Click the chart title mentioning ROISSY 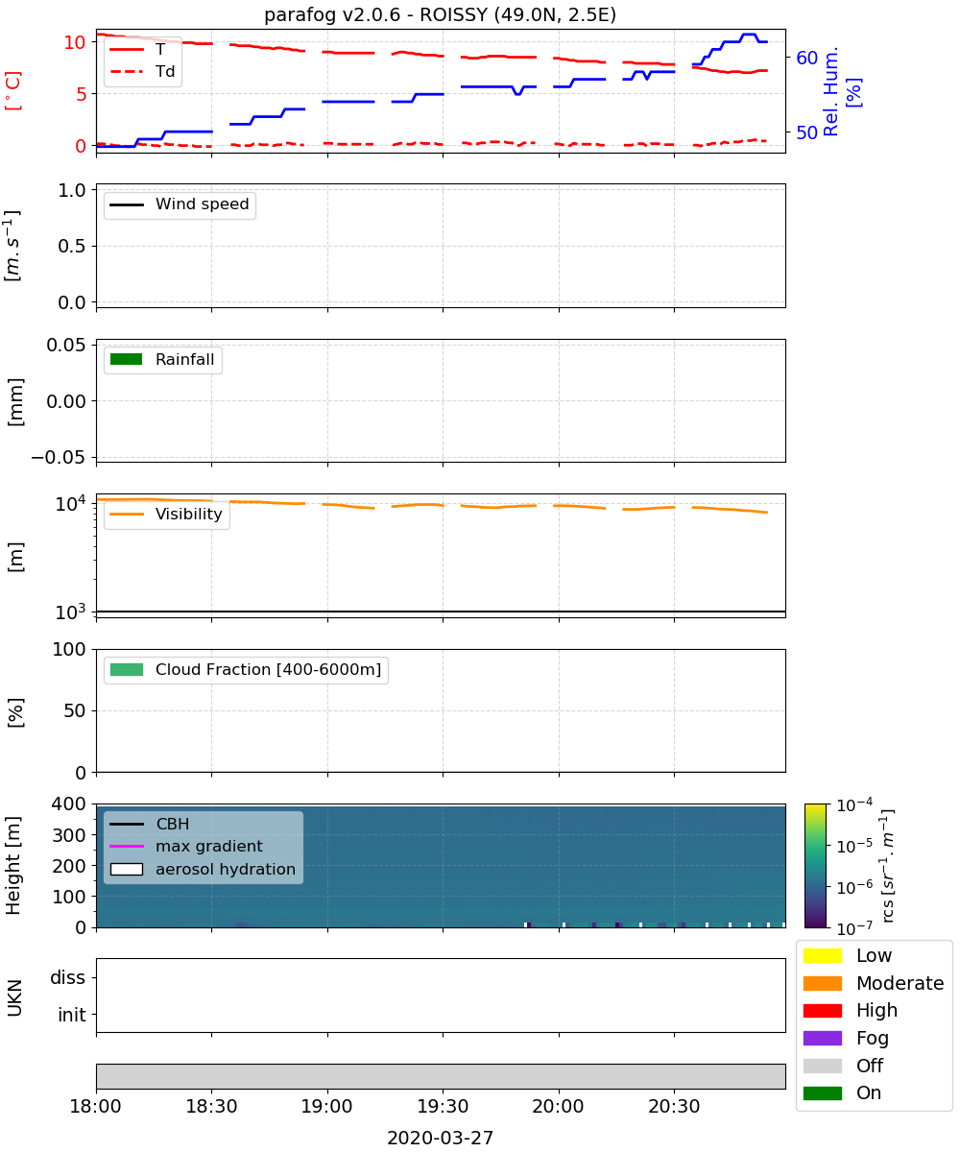[x=440, y=14]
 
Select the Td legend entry [x=142, y=71]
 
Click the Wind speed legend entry [x=180, y=204]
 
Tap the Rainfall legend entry [x=162, y=359]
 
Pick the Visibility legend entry [x=166, y=514]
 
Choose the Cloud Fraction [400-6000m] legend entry [x=246, y=669]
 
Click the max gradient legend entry [x=186, y=846]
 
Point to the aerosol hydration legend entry [x=203, y=869]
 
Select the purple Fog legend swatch [x=822, y=1038]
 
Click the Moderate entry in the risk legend [x=873, y=983]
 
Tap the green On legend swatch [x=822, y=1093]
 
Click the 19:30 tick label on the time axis [x=443, y=1106]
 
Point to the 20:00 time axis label [x=558, y=1106]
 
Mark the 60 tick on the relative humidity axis [x=806, y=58]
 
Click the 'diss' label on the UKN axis [x=67, y=977]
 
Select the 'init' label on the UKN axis [x=72, y=1015]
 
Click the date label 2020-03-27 [x=440, y=1138]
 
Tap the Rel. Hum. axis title [x=830, y=91]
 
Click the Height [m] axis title [x=12, y=865]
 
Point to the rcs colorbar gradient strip [x=815, y=866]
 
